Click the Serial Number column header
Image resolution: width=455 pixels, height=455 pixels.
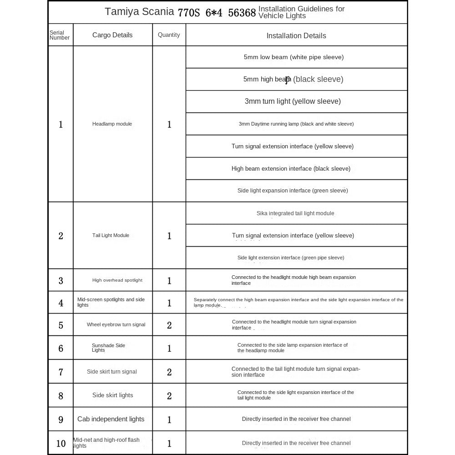pos(60,35)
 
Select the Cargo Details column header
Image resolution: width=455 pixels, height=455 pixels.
pos(112,35)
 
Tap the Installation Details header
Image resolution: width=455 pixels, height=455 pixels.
pos(296,35)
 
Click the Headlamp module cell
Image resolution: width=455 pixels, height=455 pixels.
pos(112,124)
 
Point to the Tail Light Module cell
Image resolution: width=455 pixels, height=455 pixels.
pos(111,235)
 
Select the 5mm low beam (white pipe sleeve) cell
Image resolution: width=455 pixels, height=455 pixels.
pos(293,57)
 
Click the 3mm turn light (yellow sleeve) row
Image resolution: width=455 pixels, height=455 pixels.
pos(293,101)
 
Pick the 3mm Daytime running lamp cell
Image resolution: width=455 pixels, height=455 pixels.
pos(296,124)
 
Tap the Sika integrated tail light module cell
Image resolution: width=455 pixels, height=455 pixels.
pos(295,213)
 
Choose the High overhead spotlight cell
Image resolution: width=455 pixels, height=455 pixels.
pos(117,280)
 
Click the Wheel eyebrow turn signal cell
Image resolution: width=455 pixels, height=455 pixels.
pos(116,324)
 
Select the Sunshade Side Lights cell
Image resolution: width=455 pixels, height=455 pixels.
pos(108,348)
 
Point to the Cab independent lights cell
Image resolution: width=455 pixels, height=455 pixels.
pos(111,419)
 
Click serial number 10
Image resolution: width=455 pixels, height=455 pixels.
pos(61,444)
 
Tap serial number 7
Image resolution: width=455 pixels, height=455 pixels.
pos(61,372)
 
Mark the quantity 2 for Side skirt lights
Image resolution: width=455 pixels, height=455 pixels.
pos(169,396)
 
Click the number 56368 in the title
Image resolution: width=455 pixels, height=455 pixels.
pos(242,13)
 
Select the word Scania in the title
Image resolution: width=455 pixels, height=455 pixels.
pos(158,12)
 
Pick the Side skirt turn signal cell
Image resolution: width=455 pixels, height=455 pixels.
pos(111,372)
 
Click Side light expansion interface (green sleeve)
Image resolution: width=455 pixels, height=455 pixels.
pos(293,191)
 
